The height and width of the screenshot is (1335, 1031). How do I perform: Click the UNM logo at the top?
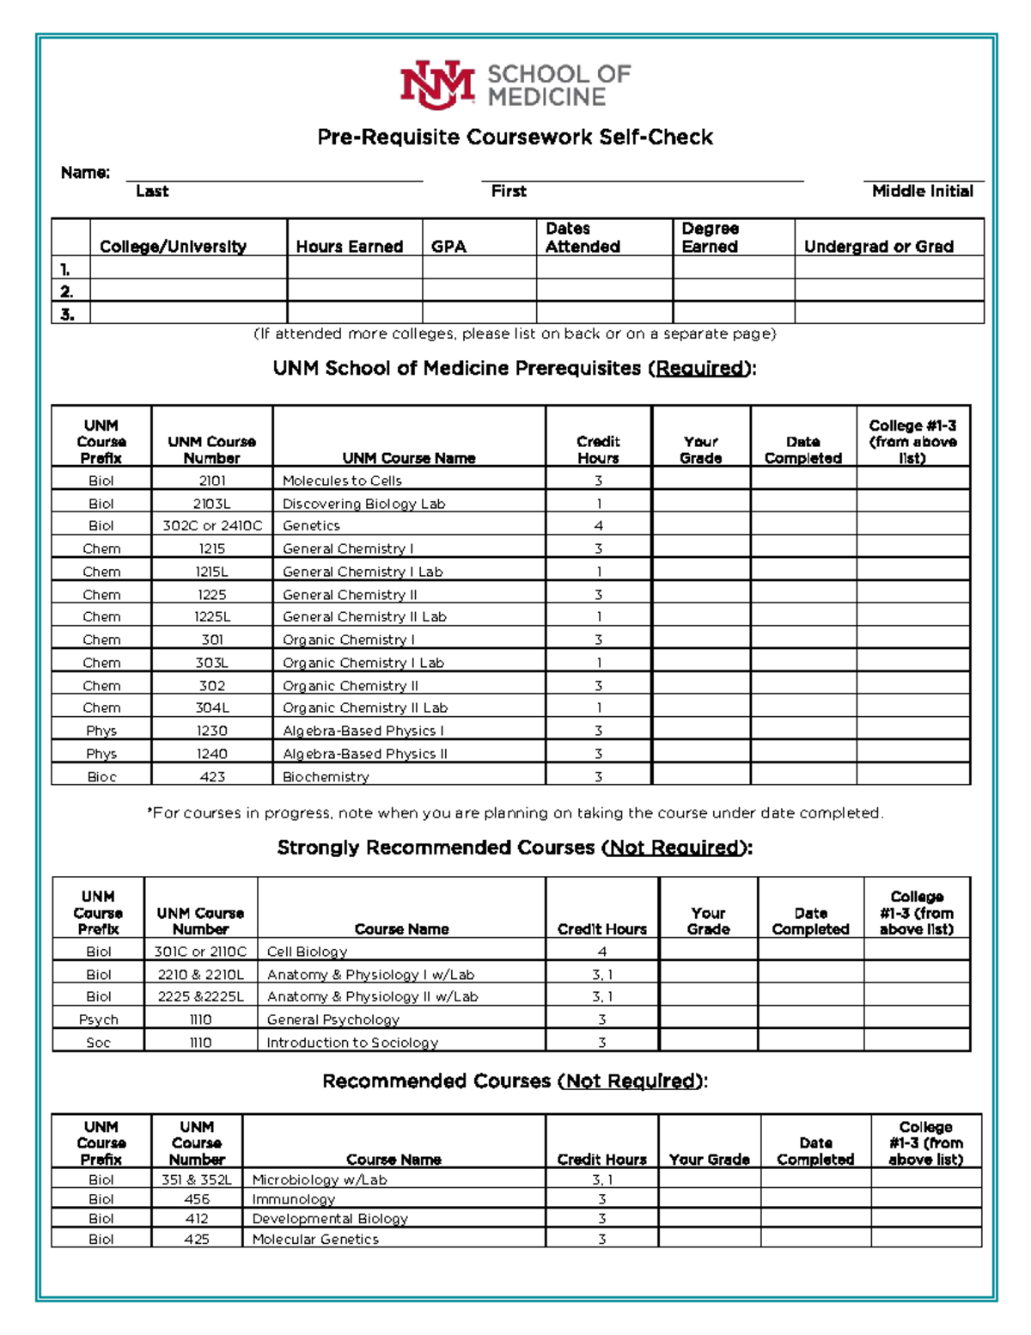pyautogui.click(x=437, y=84)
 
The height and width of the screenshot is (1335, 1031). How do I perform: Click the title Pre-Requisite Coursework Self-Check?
pyautogui.click(x=515, y=138)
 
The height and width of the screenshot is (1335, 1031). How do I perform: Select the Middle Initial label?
pyautogui.click(x=922, y=191)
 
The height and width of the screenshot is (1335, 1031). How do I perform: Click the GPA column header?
pyautogui.click(x=449, y=247)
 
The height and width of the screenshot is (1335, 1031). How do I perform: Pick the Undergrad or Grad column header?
pyautogui.click(x=878, y=247)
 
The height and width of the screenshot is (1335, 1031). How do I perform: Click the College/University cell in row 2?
pyautogui.click(x=187, y=291)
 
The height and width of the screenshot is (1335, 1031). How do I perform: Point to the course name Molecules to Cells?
pyautogui.click(x=342, y=481)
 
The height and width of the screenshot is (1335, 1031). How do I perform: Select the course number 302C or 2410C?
pyautogui.click(x=212, y=525)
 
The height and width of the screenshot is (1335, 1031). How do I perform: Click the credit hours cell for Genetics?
pyautogui.click(x=598, y=525)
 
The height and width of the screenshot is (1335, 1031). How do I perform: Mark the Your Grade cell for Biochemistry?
pyautogui.click(x=700, y=775)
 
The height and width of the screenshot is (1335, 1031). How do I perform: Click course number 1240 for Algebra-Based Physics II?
pyautogui.click(x=212, y=754)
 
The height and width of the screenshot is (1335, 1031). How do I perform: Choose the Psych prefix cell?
pyautogui.click(x=98, y=1020)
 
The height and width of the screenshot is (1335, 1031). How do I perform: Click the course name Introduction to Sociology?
pyautogui.click(x=352, y=1043)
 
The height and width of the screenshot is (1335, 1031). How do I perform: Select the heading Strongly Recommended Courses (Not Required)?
pyautogui.click(x=515, y=848)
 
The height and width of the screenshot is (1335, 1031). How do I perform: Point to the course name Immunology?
pyautogui.click(x=293, y=1199)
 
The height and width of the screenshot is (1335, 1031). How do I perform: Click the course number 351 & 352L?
pyautogui.click(x=197, y=1179)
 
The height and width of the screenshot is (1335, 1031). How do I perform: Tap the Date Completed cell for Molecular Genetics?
pyautogui.click(x=815, y=1239)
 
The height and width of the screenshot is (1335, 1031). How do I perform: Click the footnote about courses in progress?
pyautogui.click(x=515, y=813)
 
